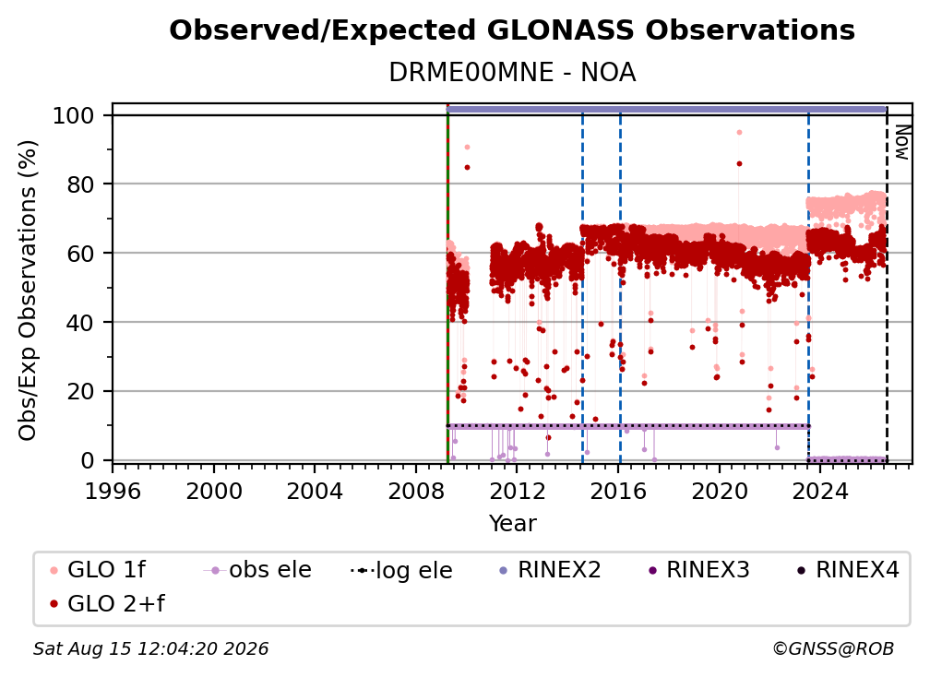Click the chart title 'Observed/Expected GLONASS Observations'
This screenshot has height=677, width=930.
pos(512,30)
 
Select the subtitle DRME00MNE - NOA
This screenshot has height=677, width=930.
pos(512,73)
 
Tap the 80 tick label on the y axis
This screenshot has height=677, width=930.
pos(80,184)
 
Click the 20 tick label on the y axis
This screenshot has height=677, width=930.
pos(80,392)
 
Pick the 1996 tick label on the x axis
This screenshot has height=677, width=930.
pos(113,492)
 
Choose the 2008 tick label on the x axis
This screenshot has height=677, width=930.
pos(416,492)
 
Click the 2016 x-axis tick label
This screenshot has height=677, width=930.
pos(618,492)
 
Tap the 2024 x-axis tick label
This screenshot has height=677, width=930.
pos(820,492)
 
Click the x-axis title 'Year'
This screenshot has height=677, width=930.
pos(512,524)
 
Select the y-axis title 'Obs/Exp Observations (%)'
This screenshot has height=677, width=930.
pos(28,291)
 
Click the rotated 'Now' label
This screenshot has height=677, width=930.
pos(900,142)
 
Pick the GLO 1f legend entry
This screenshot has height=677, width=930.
pos(98,570)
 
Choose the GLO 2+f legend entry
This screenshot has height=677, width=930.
pos(107,603)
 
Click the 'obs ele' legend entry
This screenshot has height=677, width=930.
pos(257,570)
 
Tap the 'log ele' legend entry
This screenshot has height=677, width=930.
pos(401,570)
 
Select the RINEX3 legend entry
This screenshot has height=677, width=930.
pos(698,570)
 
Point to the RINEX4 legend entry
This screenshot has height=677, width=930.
pos(848,570)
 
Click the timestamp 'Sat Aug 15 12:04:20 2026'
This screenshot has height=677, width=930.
pos(150,648)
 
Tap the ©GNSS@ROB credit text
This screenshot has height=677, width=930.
pos(833,648)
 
